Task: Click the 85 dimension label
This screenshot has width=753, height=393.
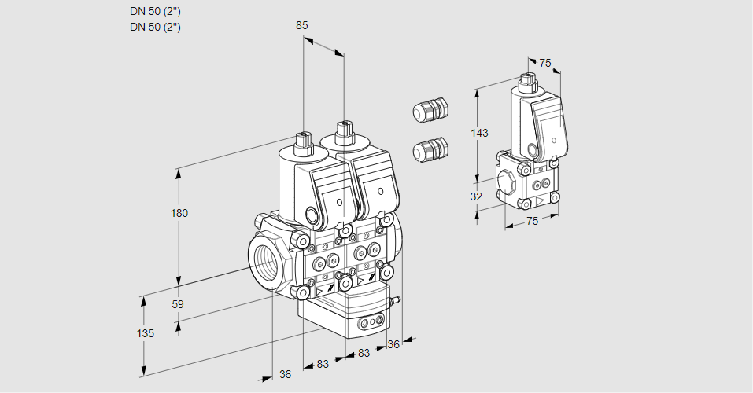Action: [x=302, y=26]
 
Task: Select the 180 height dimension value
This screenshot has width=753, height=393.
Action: [x=181, y=213]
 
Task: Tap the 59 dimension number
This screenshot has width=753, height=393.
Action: [x=178, y=304]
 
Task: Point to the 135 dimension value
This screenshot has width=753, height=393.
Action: [x=146, y=333]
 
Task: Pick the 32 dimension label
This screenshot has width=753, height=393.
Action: [x=476, y=197]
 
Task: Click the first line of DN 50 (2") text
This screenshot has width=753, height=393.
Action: [x=155, y=11]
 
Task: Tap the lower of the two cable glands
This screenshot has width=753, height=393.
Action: [x=430, y=149]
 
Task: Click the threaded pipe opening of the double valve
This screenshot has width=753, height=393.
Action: [x=265, y=263]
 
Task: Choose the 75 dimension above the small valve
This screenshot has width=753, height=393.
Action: [x=545, y=64]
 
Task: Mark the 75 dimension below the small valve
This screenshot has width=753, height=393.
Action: [x=532, y=222]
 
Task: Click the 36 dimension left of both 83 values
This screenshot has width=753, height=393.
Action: [x=286, y=374]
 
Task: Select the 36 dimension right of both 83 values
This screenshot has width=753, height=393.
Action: [x=393, y=343]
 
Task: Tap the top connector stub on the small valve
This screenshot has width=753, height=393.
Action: [x=527, y=80]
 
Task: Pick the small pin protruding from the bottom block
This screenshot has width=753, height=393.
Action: [x=398, y=299]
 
